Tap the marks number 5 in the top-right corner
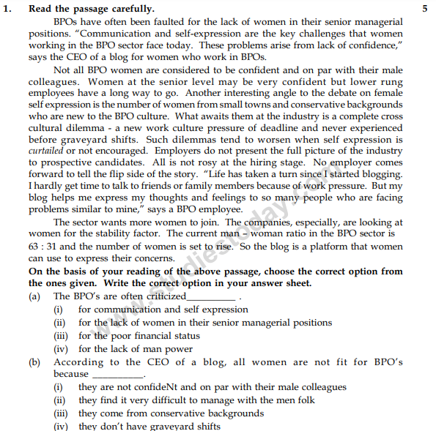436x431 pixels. (425, 9)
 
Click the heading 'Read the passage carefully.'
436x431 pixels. (92, 9)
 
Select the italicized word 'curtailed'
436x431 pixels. (48, 150)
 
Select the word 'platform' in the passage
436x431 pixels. (300, 247)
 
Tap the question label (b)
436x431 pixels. (34, 362)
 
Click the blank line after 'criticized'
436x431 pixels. (212, 298)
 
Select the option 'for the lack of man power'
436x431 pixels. (136, 349)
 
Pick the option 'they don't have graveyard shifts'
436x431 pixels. (149, 427)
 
